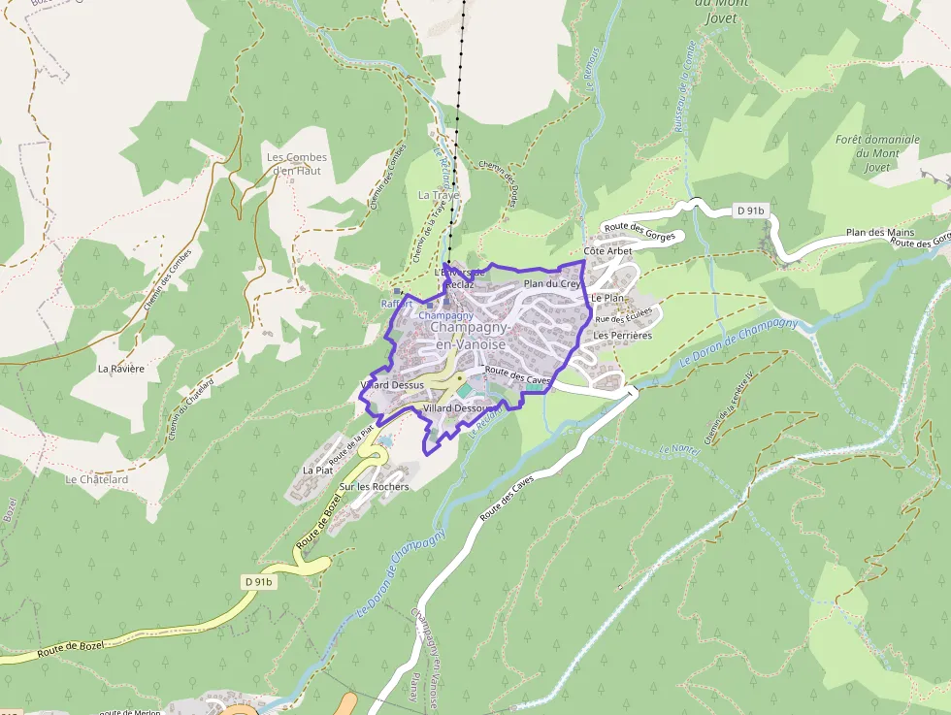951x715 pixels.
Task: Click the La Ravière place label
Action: [x=121, y=369]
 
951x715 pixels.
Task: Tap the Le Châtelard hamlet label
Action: [x=97, y=479]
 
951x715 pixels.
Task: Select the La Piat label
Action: [x=317, y=471]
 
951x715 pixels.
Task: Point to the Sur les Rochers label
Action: [x=374, y=486]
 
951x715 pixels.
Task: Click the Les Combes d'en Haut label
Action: [x=297, y=164]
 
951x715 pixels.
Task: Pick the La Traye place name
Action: [x=438, y=195]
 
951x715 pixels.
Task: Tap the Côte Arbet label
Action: [x=607, y=251]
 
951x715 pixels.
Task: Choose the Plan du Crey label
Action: [x=552, y=283]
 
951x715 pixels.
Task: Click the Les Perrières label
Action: [x=622, y=335]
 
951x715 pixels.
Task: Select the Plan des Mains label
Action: [x=880, y=233]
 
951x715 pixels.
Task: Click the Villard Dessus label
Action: [x=392, y=385]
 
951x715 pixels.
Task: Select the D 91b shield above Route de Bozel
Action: [x=259, y=581]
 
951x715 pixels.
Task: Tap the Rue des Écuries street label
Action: [x=624, y=319]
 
